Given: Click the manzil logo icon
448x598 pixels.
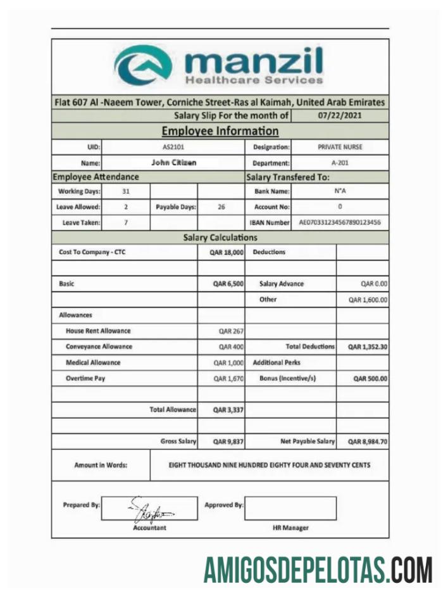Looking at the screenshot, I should click(144, 65).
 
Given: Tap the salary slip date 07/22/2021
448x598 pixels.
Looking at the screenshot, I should click(340, 116).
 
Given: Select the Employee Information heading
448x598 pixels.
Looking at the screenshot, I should click(220, 131).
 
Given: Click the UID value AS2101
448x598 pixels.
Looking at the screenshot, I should click(173, 147).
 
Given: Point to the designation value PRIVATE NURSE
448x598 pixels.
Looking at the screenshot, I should click(340, 147).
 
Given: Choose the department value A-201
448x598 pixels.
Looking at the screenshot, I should click(340, 163).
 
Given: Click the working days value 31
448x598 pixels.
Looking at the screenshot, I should click(126, 191).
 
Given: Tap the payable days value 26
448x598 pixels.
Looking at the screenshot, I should click(221, 207).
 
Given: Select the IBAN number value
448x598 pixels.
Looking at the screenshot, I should click(340, 223).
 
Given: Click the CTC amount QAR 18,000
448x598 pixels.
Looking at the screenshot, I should click(227, 252).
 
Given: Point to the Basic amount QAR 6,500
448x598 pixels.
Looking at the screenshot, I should click(228, 284).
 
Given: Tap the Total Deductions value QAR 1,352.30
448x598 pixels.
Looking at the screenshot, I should click(367, 347).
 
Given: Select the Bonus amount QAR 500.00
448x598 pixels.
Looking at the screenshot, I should click(370, 379).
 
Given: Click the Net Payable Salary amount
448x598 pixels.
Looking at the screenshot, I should click(367, 442).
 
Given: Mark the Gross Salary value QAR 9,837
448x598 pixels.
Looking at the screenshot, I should click(228, 442).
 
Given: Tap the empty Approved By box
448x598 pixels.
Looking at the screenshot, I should click(290, 508).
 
